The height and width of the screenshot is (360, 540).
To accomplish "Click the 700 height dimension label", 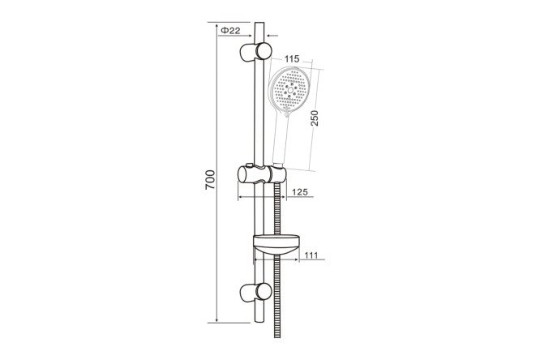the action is [x=210, y=179].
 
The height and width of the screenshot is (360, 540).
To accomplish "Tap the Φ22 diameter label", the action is [x=230, y=31].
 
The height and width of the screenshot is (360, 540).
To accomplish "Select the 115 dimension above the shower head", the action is [x=292, y=59].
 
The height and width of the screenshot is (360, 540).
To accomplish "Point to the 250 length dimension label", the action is [x=315, y=118].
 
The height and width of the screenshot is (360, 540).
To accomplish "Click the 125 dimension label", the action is [x=300, y=192].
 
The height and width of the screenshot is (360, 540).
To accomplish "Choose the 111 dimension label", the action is [x=311, y=255].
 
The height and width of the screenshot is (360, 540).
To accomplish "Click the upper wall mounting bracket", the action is [x=255, y=53].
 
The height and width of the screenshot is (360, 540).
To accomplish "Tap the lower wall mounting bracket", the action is [x=255, y=293].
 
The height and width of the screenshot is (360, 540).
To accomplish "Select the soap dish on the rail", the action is [x=276, y=246].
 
